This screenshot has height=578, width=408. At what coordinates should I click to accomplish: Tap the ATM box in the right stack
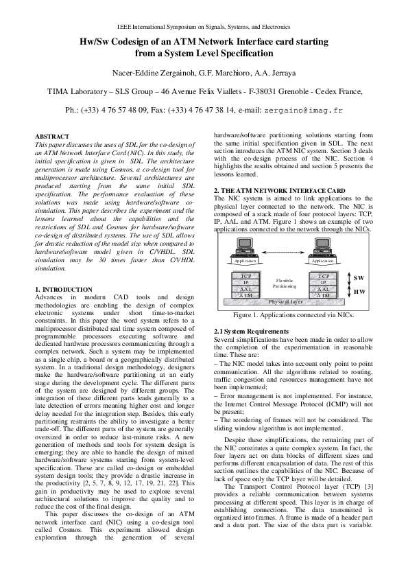point(324,295)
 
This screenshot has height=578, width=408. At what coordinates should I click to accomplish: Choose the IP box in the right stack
point(324,282)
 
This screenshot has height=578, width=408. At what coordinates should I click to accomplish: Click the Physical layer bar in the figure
point(285,301)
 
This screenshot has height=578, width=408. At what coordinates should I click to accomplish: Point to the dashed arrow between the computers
point(284,253)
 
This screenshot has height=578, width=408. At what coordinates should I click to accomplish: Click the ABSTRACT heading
point(51,137)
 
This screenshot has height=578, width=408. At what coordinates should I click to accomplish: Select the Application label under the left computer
point(245,262)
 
